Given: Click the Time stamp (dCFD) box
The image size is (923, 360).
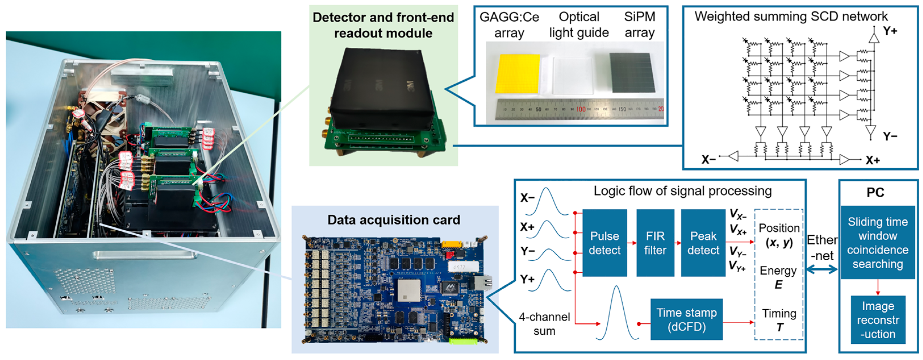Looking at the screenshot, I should pos(686,319).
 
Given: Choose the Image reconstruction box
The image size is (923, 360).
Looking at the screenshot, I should pos(878,320).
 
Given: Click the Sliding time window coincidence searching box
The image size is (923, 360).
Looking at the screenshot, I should pos(878,242).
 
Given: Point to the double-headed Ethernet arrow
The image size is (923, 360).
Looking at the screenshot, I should pos(822,269).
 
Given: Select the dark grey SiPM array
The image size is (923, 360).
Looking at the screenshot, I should pos(632,73).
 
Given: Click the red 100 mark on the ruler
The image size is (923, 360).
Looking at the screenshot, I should pos(581,109).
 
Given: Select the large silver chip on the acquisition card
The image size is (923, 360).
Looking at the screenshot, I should pos(409,290).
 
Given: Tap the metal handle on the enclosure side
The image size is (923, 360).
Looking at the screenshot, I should pos(144,256).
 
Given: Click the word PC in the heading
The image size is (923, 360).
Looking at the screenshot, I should pos(875,192).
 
